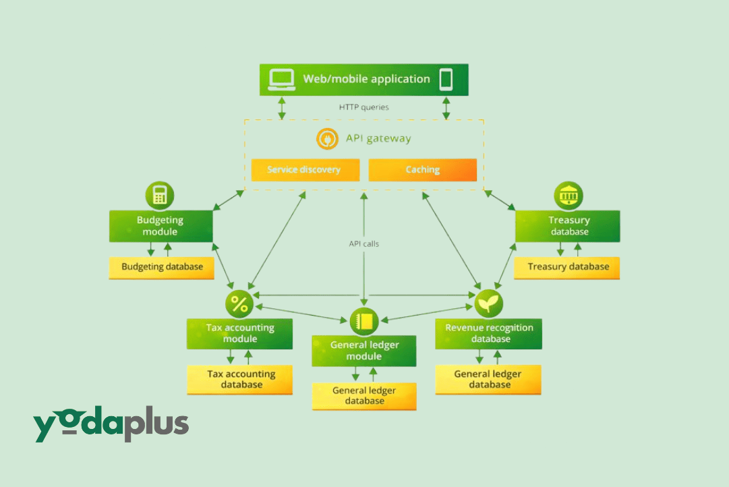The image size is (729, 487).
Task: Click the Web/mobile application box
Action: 364,80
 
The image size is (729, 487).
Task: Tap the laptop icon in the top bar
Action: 281,80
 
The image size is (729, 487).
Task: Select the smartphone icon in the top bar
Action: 446,80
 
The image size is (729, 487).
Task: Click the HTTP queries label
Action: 363,107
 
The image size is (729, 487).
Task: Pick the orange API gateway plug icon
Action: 327,138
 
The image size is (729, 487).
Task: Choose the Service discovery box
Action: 305,170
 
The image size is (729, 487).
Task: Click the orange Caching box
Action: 423,170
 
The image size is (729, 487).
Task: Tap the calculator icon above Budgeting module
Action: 160,196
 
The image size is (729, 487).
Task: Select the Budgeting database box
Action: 162,267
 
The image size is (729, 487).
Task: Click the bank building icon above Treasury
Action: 568,196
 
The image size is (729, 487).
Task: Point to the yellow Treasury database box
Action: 567,267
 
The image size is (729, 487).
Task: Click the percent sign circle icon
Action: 239,304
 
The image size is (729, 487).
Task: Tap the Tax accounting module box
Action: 239,333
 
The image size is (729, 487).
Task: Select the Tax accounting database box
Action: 240,379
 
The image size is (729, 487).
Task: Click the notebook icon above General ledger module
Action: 364,321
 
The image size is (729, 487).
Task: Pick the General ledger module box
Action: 364,351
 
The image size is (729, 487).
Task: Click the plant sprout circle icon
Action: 488,304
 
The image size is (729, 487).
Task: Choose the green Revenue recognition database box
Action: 488,333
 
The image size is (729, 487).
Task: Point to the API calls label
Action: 363,243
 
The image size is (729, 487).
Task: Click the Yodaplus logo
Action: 111,426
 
